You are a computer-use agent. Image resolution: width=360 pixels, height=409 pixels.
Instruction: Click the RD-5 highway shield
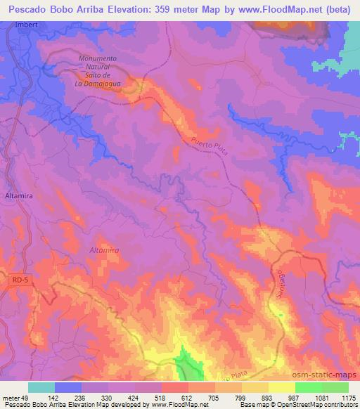(x=21, y=280)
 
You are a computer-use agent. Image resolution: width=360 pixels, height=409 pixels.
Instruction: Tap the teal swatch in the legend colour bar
(x=41, y=387)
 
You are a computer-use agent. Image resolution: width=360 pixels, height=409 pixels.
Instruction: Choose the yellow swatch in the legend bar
(x=281, y=387)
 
